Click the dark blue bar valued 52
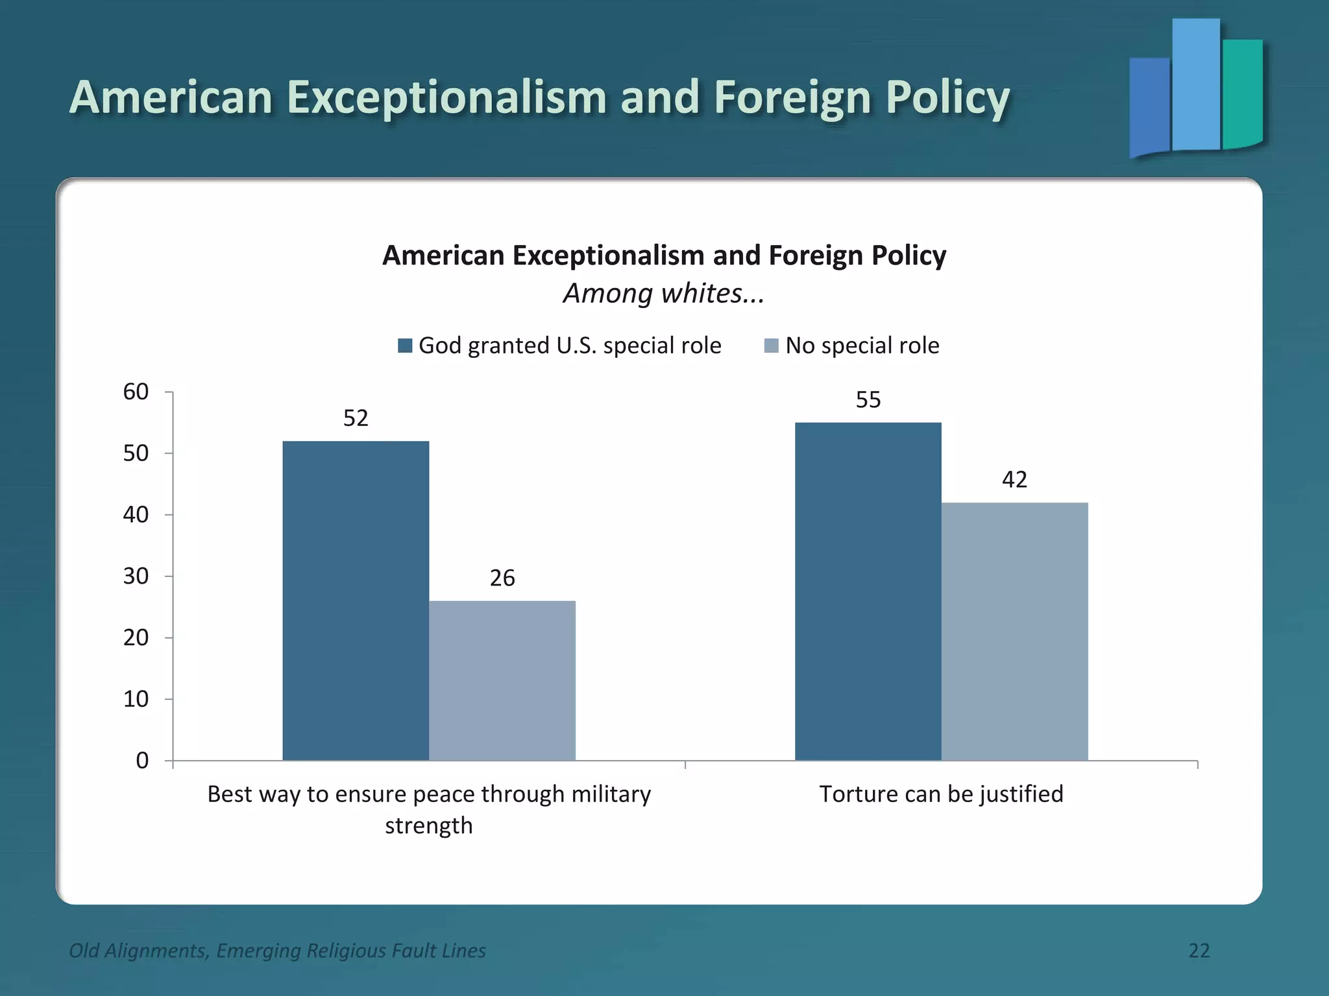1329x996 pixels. pos(356,600)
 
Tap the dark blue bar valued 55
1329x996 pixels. pos(868,591)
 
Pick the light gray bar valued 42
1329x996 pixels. pos(1014,631)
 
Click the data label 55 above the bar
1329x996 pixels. pos(868,399)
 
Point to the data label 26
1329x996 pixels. pos(502,578)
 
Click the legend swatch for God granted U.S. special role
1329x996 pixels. pos(405,346)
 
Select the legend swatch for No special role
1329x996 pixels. pos(771,346)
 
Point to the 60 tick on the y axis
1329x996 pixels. pos(136,392)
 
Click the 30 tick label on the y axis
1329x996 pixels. pos(136,576)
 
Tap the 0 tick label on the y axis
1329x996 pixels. pos(142,760)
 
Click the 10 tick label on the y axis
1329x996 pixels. pos(136,699)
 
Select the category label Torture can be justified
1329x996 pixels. pos(941,794)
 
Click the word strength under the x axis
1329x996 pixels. pos(428,825)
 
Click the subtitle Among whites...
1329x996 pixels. pos(663,293)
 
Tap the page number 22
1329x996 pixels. pos(1199,950)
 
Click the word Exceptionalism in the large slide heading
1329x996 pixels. pos(446,97)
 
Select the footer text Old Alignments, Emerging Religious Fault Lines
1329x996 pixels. pos(277,950)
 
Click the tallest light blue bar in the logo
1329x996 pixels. pos(1195,84)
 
